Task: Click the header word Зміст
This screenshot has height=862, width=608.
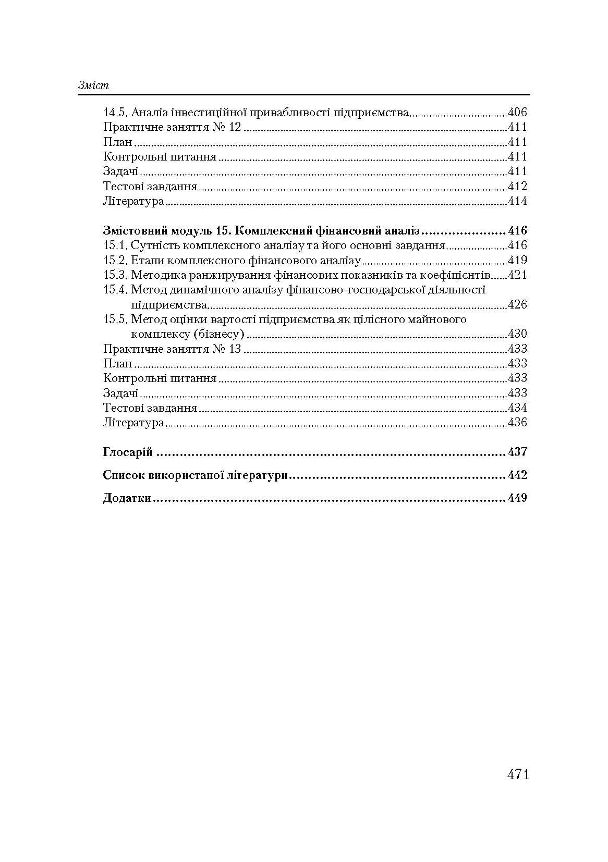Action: pyautogui.click(x=93, y=85)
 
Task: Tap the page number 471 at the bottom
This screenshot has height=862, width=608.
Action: pyautogui.click(x=518, y=774)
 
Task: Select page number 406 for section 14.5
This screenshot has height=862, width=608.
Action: pyautogui.click(x=517, y=112)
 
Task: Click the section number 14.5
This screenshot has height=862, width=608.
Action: pyautogui.click(x=115, y=112)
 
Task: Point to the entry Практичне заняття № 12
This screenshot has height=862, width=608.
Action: pyautogui.click(x=172, y=127)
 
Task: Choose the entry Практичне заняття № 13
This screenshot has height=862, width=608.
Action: pyautogui.click(x=172, y=349)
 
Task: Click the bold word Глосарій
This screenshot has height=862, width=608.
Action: pyautogui.click(x=128, y=452)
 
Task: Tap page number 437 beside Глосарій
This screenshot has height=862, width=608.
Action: pyautogui.click(x=517, y=452)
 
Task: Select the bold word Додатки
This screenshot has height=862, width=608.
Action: pyautogui.click(x=127, y=498)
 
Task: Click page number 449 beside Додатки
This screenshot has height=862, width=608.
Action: pyautogui.click(x=517, y=498)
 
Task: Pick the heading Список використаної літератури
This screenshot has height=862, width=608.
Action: pyautogui.click(x=196, y=475)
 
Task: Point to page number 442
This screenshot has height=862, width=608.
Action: pyautogui.click(x=517, y=475)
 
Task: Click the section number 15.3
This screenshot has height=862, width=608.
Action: pyautogui.click(x=115, y=275)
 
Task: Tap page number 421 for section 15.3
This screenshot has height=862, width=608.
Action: pyautogui.click(x=517, y=275)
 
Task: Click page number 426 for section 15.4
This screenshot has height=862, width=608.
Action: pyautogui.click(x=517, y=304)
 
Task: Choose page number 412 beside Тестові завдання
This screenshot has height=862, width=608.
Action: pyautogui.click(x=517, y=186)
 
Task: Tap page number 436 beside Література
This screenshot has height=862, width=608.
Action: pyautogui.click(x=517, y=423)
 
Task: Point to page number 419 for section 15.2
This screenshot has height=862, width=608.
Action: pyautogui.click(x=517, y=260)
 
